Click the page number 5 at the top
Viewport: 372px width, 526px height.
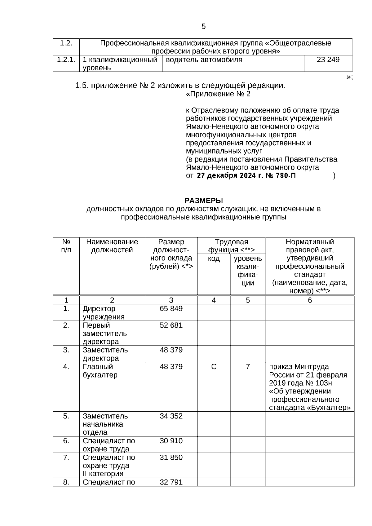(203, 26)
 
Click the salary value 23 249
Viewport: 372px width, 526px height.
(328, 60)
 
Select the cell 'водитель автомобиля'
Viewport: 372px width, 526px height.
(204, 60)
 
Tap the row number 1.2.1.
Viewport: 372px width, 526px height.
(66, 60)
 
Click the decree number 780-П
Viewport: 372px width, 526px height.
(285, 176)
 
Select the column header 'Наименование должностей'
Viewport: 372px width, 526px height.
(112, 246)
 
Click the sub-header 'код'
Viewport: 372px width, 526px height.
(214, 259)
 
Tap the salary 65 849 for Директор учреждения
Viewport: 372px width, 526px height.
(171, 309)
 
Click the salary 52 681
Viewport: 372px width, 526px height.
(171, 325)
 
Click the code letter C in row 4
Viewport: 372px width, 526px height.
(214, 367)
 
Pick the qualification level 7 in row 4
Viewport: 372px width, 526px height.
(248, 367)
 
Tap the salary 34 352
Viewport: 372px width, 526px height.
(171, 416)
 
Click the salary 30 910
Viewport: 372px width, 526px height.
(171, 441)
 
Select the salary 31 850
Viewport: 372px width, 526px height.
(171, 457)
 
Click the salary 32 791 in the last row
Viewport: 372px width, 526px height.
(171, 482)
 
